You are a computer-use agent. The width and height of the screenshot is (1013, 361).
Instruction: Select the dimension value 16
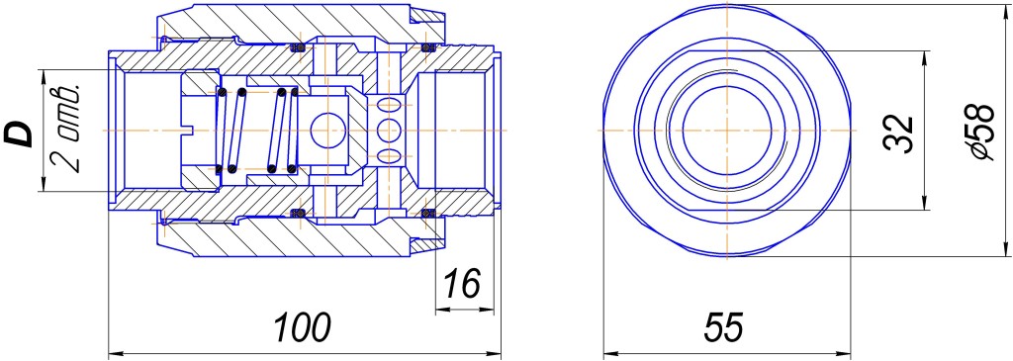pos(461,284)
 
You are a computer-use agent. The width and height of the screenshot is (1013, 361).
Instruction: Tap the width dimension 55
pos(723,327)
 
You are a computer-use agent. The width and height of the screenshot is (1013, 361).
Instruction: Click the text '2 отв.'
pos(69,128)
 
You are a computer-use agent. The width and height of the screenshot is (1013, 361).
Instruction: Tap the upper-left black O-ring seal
pos(298,46)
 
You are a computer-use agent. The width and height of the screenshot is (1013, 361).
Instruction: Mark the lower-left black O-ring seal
pos(298,213)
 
